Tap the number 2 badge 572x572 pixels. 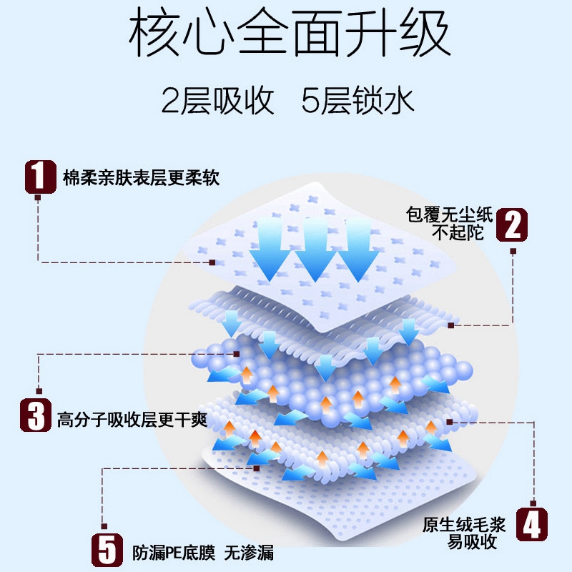click(513, 224)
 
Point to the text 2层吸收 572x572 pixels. click(217, 100)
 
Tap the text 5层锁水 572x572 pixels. click(357, 100)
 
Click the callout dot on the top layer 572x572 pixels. click(212, 262)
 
